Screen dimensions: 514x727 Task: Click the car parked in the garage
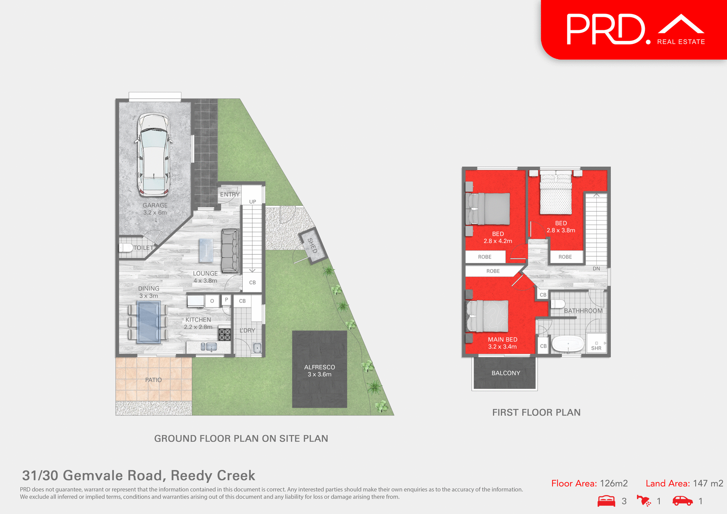[153, 155]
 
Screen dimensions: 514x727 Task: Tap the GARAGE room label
[155, 206]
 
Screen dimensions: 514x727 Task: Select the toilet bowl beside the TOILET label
[126, 248]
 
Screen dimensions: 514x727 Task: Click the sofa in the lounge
[230, 251]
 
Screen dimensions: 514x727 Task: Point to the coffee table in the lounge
[206, 250]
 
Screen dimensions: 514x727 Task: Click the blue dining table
[148, 322]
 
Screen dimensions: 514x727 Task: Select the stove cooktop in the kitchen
[225, 334]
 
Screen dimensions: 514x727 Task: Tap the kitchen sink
[209, 347]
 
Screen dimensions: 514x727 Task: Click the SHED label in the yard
[312, 246]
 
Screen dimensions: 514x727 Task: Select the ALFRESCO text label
[320, 367]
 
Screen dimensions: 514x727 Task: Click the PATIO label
[153, 380]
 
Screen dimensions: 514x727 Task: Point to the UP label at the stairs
[253, 202]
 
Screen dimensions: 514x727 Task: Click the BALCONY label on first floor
[506, 373]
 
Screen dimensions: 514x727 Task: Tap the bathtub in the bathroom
[568, 344]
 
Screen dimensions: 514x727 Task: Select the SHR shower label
[596, 348]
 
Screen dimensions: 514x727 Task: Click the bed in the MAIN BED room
[488, 316]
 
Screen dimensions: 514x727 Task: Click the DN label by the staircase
[596, 269]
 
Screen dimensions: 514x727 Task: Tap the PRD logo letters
[606, 30]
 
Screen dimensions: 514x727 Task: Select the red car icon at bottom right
[682, 501]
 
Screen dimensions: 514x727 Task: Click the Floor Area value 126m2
[614, 483]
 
